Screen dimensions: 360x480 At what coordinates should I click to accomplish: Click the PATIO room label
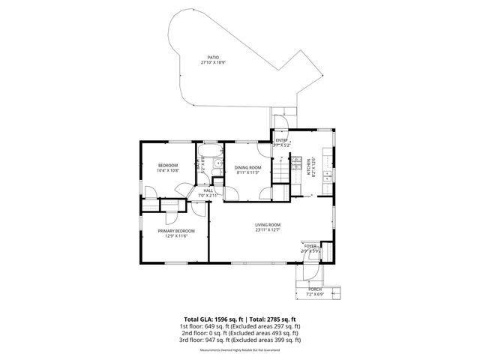[214, 57]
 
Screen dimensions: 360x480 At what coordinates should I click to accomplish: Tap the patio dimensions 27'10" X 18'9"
[214, 63]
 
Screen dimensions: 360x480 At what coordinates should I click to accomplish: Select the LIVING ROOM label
[268, 224]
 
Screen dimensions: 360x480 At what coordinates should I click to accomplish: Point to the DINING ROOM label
[247, 167]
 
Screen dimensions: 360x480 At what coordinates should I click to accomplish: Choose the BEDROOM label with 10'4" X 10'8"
[167, 165]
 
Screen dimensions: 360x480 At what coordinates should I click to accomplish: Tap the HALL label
[208, 190]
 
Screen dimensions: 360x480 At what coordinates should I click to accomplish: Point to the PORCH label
[314, 289]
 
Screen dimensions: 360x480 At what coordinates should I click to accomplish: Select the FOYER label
[310, 245]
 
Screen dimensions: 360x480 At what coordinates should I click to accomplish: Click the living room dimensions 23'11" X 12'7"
[268, 229]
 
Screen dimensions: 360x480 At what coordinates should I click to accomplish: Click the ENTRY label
[282, 140]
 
